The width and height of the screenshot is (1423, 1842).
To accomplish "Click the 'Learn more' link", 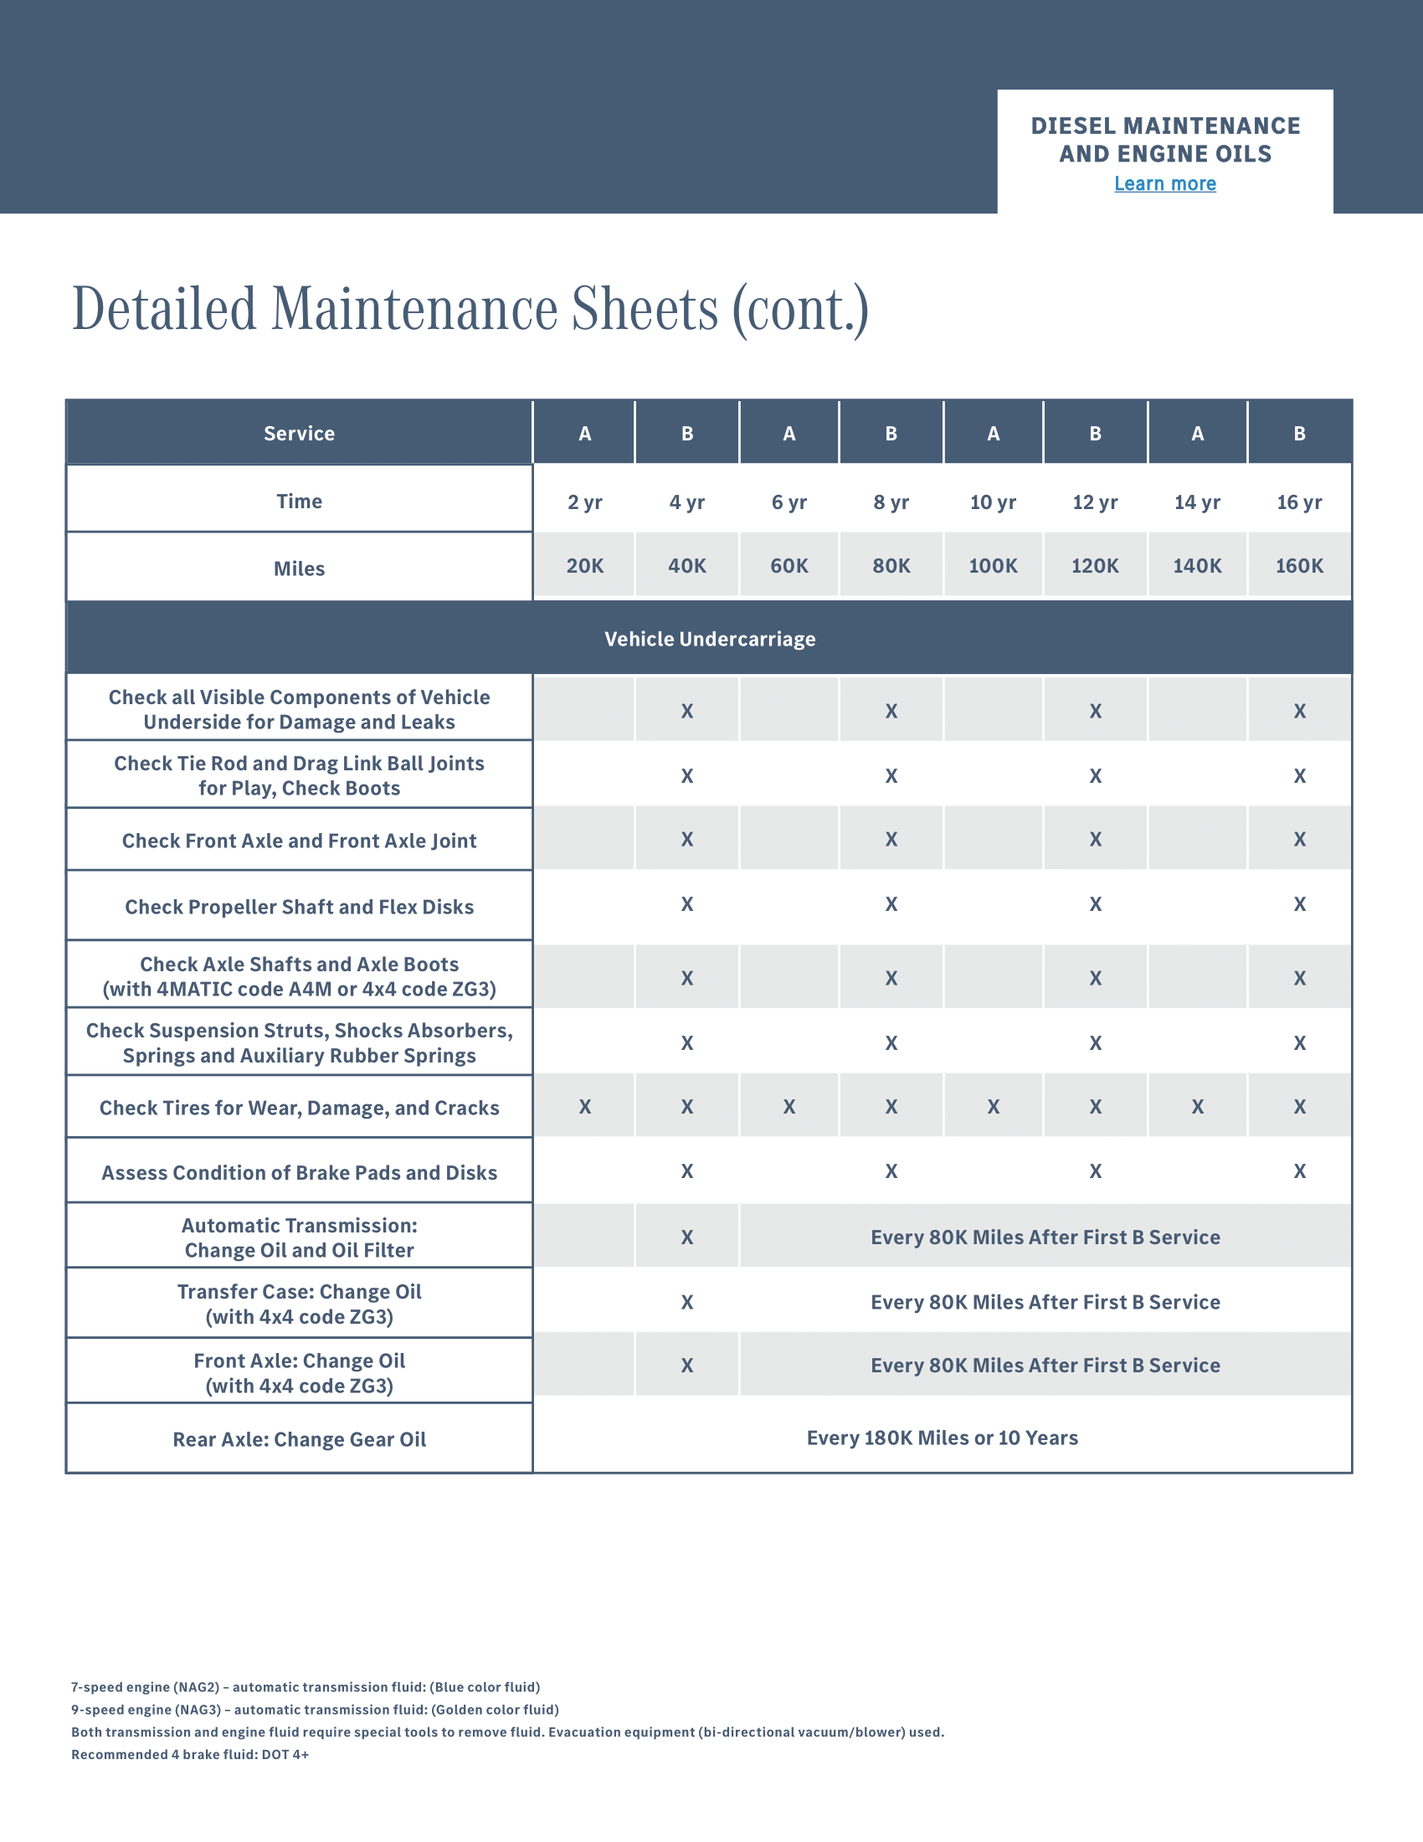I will pyautogui.click(x=1164, y=183).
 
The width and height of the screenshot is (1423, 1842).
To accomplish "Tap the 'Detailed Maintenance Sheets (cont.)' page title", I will pyautogui.click(x=470, y=309).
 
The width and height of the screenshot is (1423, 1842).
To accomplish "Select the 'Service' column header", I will pyautogui.click(x=300, y=434).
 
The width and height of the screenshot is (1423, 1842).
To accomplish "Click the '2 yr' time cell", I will pyautogui.click(x=584, y=502).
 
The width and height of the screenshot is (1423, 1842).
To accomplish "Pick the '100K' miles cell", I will pyautogui.click(x=993, y=566).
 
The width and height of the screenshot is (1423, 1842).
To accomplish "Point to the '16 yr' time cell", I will pyautogui.click(x=1299, y=502).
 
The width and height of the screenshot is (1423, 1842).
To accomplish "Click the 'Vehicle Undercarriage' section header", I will pyautogui.click(x=710, y=639).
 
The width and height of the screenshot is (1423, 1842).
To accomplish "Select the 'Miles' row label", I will pyautogui.click(x=300, y=569).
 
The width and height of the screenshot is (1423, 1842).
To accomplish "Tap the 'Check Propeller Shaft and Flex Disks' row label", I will pyautogui.click(x=300, y=907).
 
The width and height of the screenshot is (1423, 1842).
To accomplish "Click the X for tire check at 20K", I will pyautogui.click(x=585, y=1107).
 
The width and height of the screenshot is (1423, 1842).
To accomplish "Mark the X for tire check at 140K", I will pyautogui.click(x=1197, y=1107).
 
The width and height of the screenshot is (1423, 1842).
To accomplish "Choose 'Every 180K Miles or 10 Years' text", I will pyautogui.click(x=942, y=1437).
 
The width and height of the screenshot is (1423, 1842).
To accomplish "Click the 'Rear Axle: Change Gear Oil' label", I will pyautogui.click(x=300, y=1438).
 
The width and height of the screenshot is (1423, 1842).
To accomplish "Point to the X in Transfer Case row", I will pyautogui.click(x=687, y=1302).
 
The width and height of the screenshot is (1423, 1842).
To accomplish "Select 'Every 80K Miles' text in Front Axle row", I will pyautogui.click(x=1045, y=1365).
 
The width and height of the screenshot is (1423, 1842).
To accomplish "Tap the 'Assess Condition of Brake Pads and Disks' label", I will pyautogui.click(x=300, y=1172).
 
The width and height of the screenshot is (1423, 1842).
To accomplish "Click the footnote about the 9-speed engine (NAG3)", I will pyautogui.click(x=315, y=1710).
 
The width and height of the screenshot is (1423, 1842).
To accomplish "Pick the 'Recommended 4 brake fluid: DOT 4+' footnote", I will pyautogui.click(x=190, y=1754).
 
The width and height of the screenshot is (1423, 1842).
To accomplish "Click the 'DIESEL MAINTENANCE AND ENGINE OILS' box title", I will pyautogui.click(x=1165, y=140).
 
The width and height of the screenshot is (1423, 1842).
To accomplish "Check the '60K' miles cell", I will pyautogui.click(x=789, y=566).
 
